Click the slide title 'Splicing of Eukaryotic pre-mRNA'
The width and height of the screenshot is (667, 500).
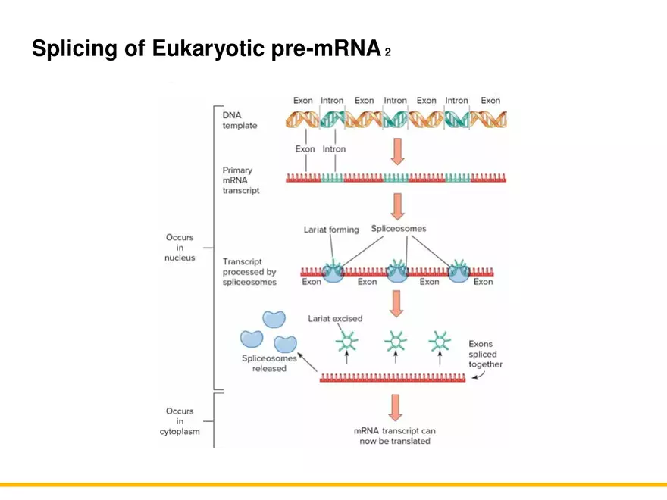[205, 49]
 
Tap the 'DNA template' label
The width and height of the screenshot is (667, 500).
[240, 120]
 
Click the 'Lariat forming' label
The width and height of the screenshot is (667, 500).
[331, 230]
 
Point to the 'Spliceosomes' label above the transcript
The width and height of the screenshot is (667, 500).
[398, 228]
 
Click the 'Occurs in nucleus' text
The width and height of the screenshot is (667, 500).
[180, 248]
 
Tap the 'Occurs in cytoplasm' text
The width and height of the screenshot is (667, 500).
[180, 422]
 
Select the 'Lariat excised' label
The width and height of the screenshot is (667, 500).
[335, 318]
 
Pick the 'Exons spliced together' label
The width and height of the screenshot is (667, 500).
[485, 354]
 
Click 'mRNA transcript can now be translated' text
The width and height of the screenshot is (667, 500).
[395, 436]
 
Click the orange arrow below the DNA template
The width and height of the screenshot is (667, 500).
[397, 150]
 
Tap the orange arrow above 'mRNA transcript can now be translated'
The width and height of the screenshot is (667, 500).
[395, 407]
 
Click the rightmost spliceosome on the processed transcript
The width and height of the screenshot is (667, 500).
[458, 272]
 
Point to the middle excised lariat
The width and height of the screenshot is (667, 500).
[394, 342]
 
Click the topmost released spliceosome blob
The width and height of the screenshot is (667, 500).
[274, 320]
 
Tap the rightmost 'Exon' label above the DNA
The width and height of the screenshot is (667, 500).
[490, 100]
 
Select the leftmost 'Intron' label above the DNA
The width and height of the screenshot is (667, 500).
[331, 100]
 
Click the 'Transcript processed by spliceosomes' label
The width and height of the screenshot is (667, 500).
[249, 272]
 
